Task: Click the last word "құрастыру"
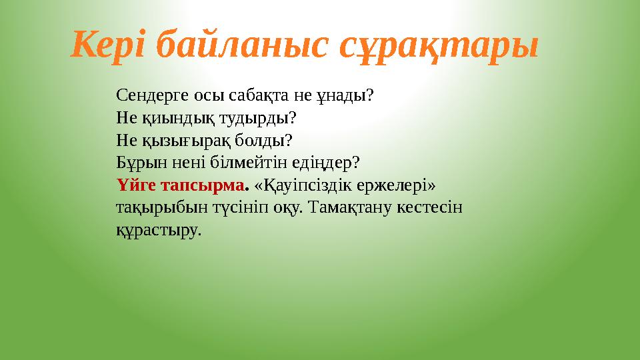[157, 230]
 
